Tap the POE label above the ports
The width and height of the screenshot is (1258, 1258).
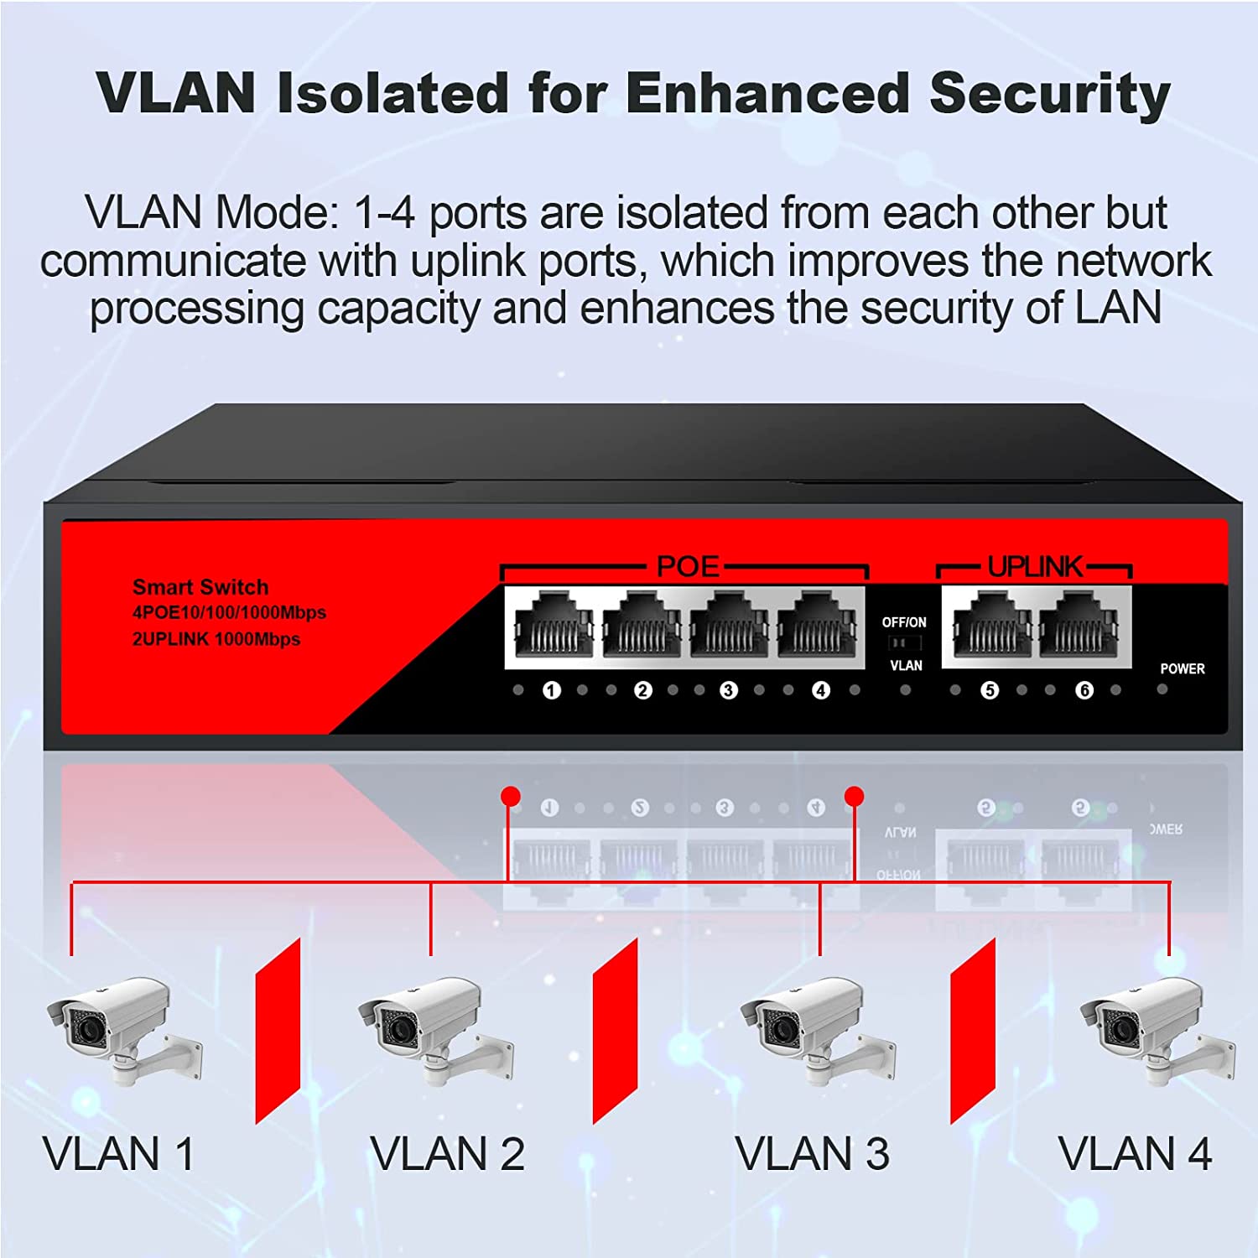[x=688, y=567]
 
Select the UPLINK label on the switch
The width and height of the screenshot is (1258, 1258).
[x=1035, y=567]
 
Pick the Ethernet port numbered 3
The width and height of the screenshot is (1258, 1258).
[x=728, y=626]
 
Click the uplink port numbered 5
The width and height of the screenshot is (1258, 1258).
[x=991, y=626]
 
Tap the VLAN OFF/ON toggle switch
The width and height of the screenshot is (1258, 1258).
[x=904, y=643]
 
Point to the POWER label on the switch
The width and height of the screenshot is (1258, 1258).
[x=1182, y=668]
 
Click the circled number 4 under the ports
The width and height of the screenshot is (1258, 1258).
[x=820, y=690]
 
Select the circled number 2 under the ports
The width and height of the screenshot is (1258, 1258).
[x=642, y=690]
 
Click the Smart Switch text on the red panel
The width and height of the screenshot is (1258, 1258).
[x=200, y=587]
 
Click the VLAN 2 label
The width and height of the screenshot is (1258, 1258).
[x=447, y=1154]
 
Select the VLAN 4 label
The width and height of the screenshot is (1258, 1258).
[x=1135, y=1154]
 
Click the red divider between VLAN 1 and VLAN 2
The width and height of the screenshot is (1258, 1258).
[x=278, y=1031]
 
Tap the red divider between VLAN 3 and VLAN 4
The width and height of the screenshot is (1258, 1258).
[x=972, y=1031]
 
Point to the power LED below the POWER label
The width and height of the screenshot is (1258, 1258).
[x=1162, y=689]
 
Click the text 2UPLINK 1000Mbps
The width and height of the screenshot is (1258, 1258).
[x=216, y=639]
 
